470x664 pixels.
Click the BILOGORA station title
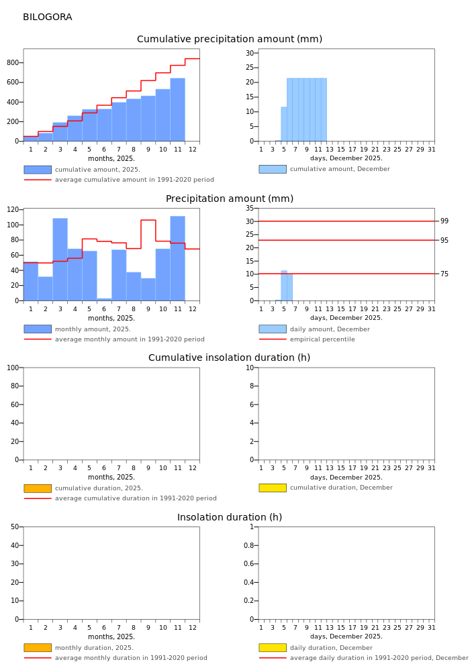tap(47, 17)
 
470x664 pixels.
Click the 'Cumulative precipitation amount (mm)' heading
tap(230, 40)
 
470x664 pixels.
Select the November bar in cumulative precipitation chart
tap(177, 109)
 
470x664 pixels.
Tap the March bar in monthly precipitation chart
tap(60, 259)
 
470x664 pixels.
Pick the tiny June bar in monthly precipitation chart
tap(104, 299)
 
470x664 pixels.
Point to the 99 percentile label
tap(444, 221)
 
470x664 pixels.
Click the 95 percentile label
tap(444, 240)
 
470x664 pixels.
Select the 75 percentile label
tap(444, 274)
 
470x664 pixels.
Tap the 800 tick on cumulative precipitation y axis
tap(13, 63)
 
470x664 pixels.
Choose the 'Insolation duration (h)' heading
tap(230, 518)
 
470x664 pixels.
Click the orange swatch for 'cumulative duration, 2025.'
tap(38, 488)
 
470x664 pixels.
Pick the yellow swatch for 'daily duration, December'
tap(273, 648)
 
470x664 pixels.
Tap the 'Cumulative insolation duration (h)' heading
tap(230, 358)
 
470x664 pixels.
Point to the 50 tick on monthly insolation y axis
tap(15, 527)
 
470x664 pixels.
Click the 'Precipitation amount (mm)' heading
tap(230, 199)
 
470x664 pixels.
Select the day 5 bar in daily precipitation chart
tap(284, 286)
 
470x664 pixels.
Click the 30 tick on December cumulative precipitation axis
tap(250, 53)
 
